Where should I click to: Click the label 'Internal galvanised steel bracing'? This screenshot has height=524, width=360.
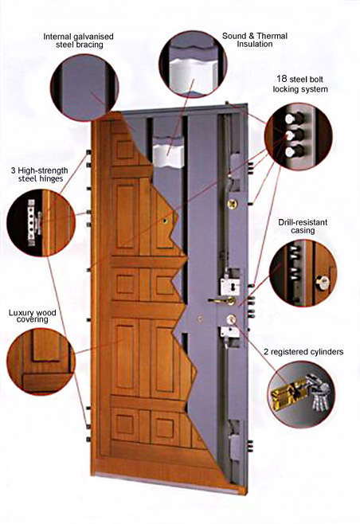point(79,41)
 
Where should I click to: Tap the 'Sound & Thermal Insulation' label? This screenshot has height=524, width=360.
point(255,40)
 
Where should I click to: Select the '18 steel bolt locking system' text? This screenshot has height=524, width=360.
point(299,84)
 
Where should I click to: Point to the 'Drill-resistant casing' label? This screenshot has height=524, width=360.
point(303,226)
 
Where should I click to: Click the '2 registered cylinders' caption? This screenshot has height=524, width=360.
point(303,352)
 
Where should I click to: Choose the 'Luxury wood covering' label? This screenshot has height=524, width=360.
point(33,316)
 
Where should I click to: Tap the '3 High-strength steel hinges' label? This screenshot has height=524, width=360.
point(40,174)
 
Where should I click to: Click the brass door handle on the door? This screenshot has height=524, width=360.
point(222,301)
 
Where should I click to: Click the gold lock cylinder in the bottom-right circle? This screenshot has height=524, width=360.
point(288,395)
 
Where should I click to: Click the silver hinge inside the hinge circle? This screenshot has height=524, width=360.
point(33,222)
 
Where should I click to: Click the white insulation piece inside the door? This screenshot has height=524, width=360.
point(168,155)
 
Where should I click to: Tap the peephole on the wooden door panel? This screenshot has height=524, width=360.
point(165,221)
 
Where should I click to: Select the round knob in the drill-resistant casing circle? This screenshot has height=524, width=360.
point(323,283)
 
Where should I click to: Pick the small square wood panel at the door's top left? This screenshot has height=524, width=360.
point(124,150)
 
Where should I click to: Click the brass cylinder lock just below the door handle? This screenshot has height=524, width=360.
point(231,319)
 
